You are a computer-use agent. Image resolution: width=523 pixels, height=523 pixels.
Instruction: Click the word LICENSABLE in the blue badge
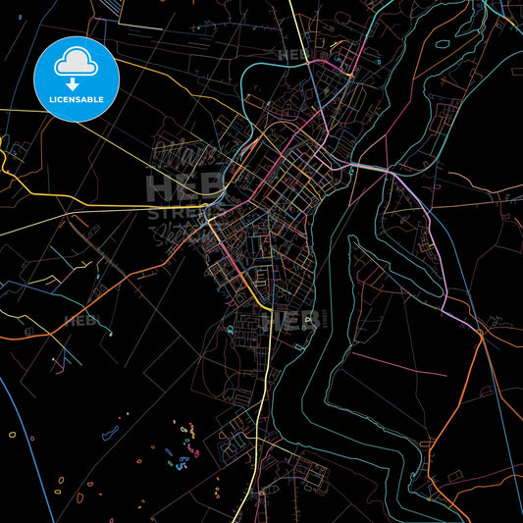pyautogui.click(x=77, y=98)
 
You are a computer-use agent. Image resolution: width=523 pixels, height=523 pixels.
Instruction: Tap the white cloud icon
pyautogui.click(x=77, y=61)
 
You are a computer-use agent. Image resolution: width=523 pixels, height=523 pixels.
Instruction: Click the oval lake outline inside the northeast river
pyautogui.click(x=442, y=43)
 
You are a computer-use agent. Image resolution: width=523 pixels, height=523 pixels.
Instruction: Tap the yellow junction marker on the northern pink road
pyautogui.click(x=348, y=75)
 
